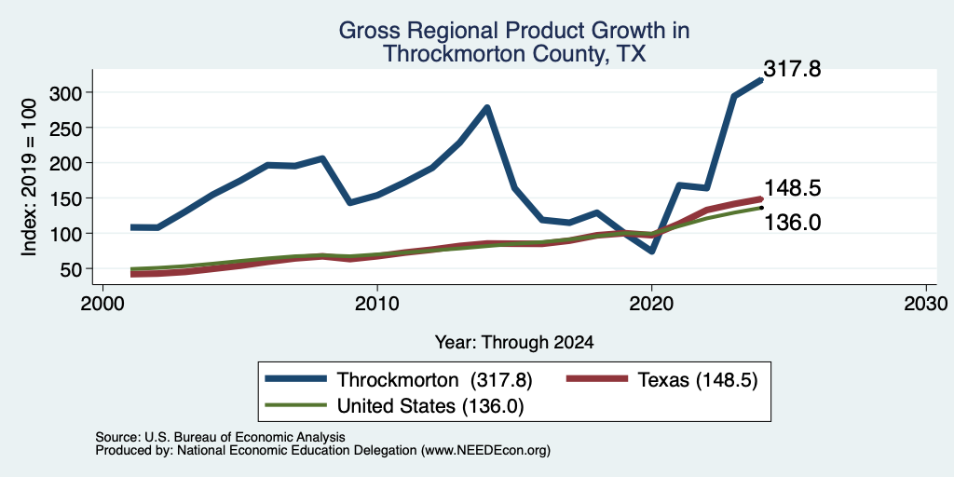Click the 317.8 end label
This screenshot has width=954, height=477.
tap(792, 69)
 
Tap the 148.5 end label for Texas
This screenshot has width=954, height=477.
tap(792, 188)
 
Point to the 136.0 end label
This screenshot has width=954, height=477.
tap(792, 223)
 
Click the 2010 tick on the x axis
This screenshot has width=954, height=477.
tap(377, 303)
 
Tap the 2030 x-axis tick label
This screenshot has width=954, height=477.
tap(926, 303)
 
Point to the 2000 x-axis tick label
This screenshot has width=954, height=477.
tap(102, 303)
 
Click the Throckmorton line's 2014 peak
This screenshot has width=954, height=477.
tap(486, 108)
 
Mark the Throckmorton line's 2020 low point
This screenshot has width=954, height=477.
tap(651, 251)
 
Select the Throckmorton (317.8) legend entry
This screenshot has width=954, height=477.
tap(399, 380)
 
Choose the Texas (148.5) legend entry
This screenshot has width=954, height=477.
tap(662, 380)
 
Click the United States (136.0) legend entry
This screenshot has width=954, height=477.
tap(394, 405)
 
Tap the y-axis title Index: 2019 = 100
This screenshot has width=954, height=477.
tap(29, 177)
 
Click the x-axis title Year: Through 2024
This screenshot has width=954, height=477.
tap(514, 343)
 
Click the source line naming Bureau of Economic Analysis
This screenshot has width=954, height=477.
tap(220, 437)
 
